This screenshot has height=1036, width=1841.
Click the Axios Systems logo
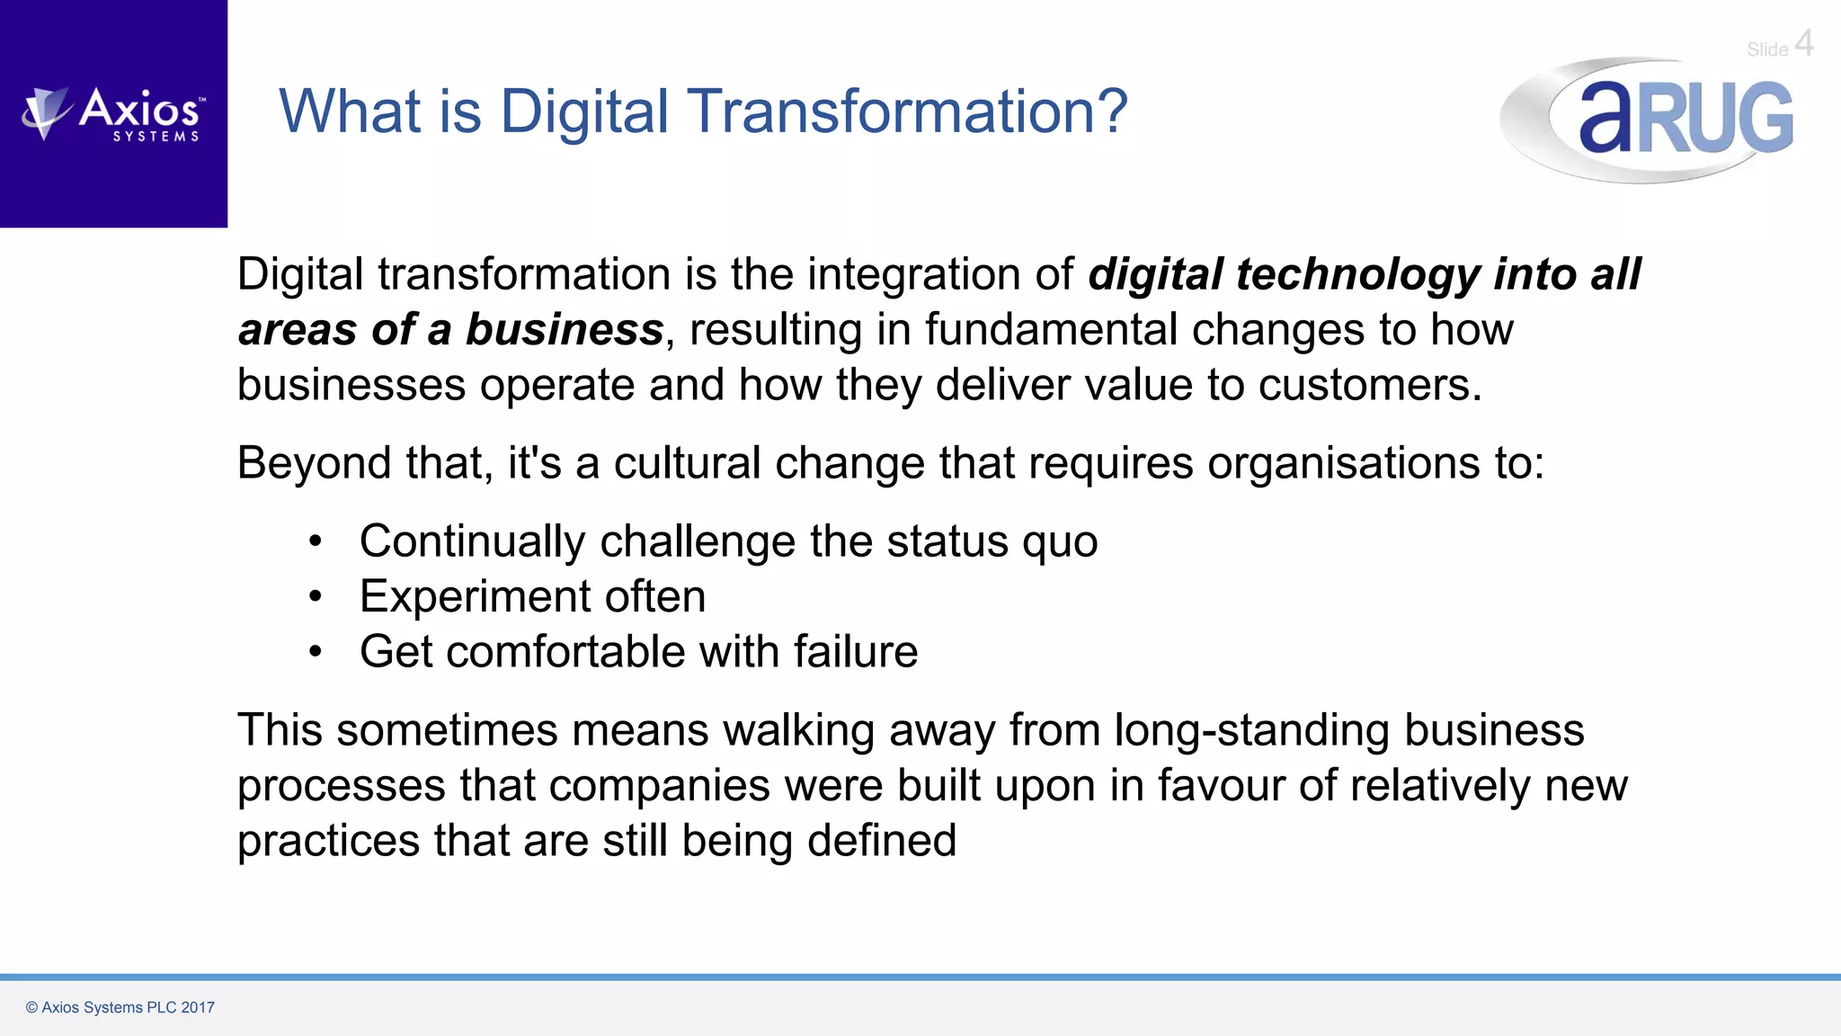(114, 114)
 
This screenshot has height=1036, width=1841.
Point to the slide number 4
(1803, 43)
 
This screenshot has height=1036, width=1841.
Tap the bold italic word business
(565, 329)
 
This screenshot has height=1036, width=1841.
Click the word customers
(1369, 385)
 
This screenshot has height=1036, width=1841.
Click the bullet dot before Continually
(315, 541)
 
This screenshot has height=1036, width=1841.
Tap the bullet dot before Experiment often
(315, 596)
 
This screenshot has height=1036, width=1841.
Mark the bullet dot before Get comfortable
(315, 652)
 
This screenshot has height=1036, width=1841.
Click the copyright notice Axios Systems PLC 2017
(120, 1007)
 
